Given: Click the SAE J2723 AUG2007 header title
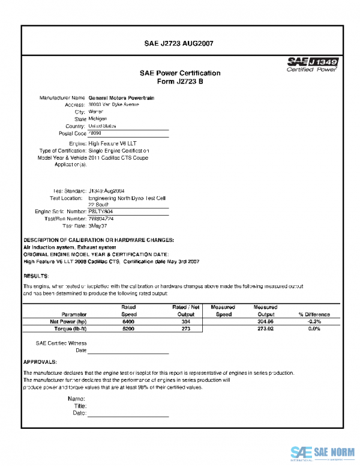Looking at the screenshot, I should [180, 43].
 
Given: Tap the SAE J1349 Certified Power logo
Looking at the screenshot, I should [312, 64].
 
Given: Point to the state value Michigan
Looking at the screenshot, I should [98, 119].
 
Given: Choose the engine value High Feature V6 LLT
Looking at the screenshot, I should [112, 144].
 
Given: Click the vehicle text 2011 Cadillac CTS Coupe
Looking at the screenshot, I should [118, 158].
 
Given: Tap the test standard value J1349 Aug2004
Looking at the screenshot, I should [106, 190].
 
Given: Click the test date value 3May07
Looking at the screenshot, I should [98, 226].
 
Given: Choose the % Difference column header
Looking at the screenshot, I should [314, 314].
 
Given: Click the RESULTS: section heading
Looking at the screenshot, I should [36, 276].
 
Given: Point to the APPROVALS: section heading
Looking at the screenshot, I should [40, 362].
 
